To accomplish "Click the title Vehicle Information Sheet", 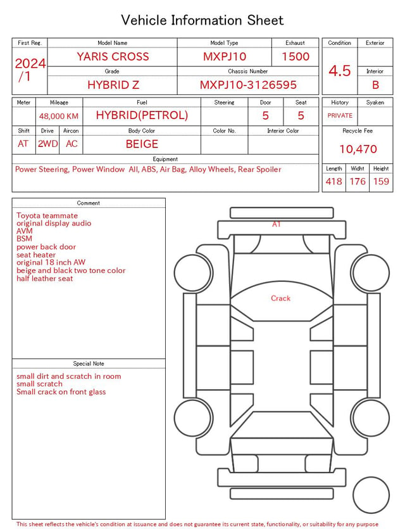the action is pos(202,20).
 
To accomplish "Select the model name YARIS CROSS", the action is pos(113,56).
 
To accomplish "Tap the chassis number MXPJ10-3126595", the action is pos(248,85).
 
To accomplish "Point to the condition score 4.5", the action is pos(340,70).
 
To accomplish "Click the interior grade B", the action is pos(375,85).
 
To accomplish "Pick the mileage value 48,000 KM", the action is pos(59,117).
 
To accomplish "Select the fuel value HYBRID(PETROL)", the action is pos(142,115).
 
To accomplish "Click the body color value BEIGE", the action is pos(142,144).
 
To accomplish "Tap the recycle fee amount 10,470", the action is pos(358,149).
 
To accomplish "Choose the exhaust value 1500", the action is pos(296,56).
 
